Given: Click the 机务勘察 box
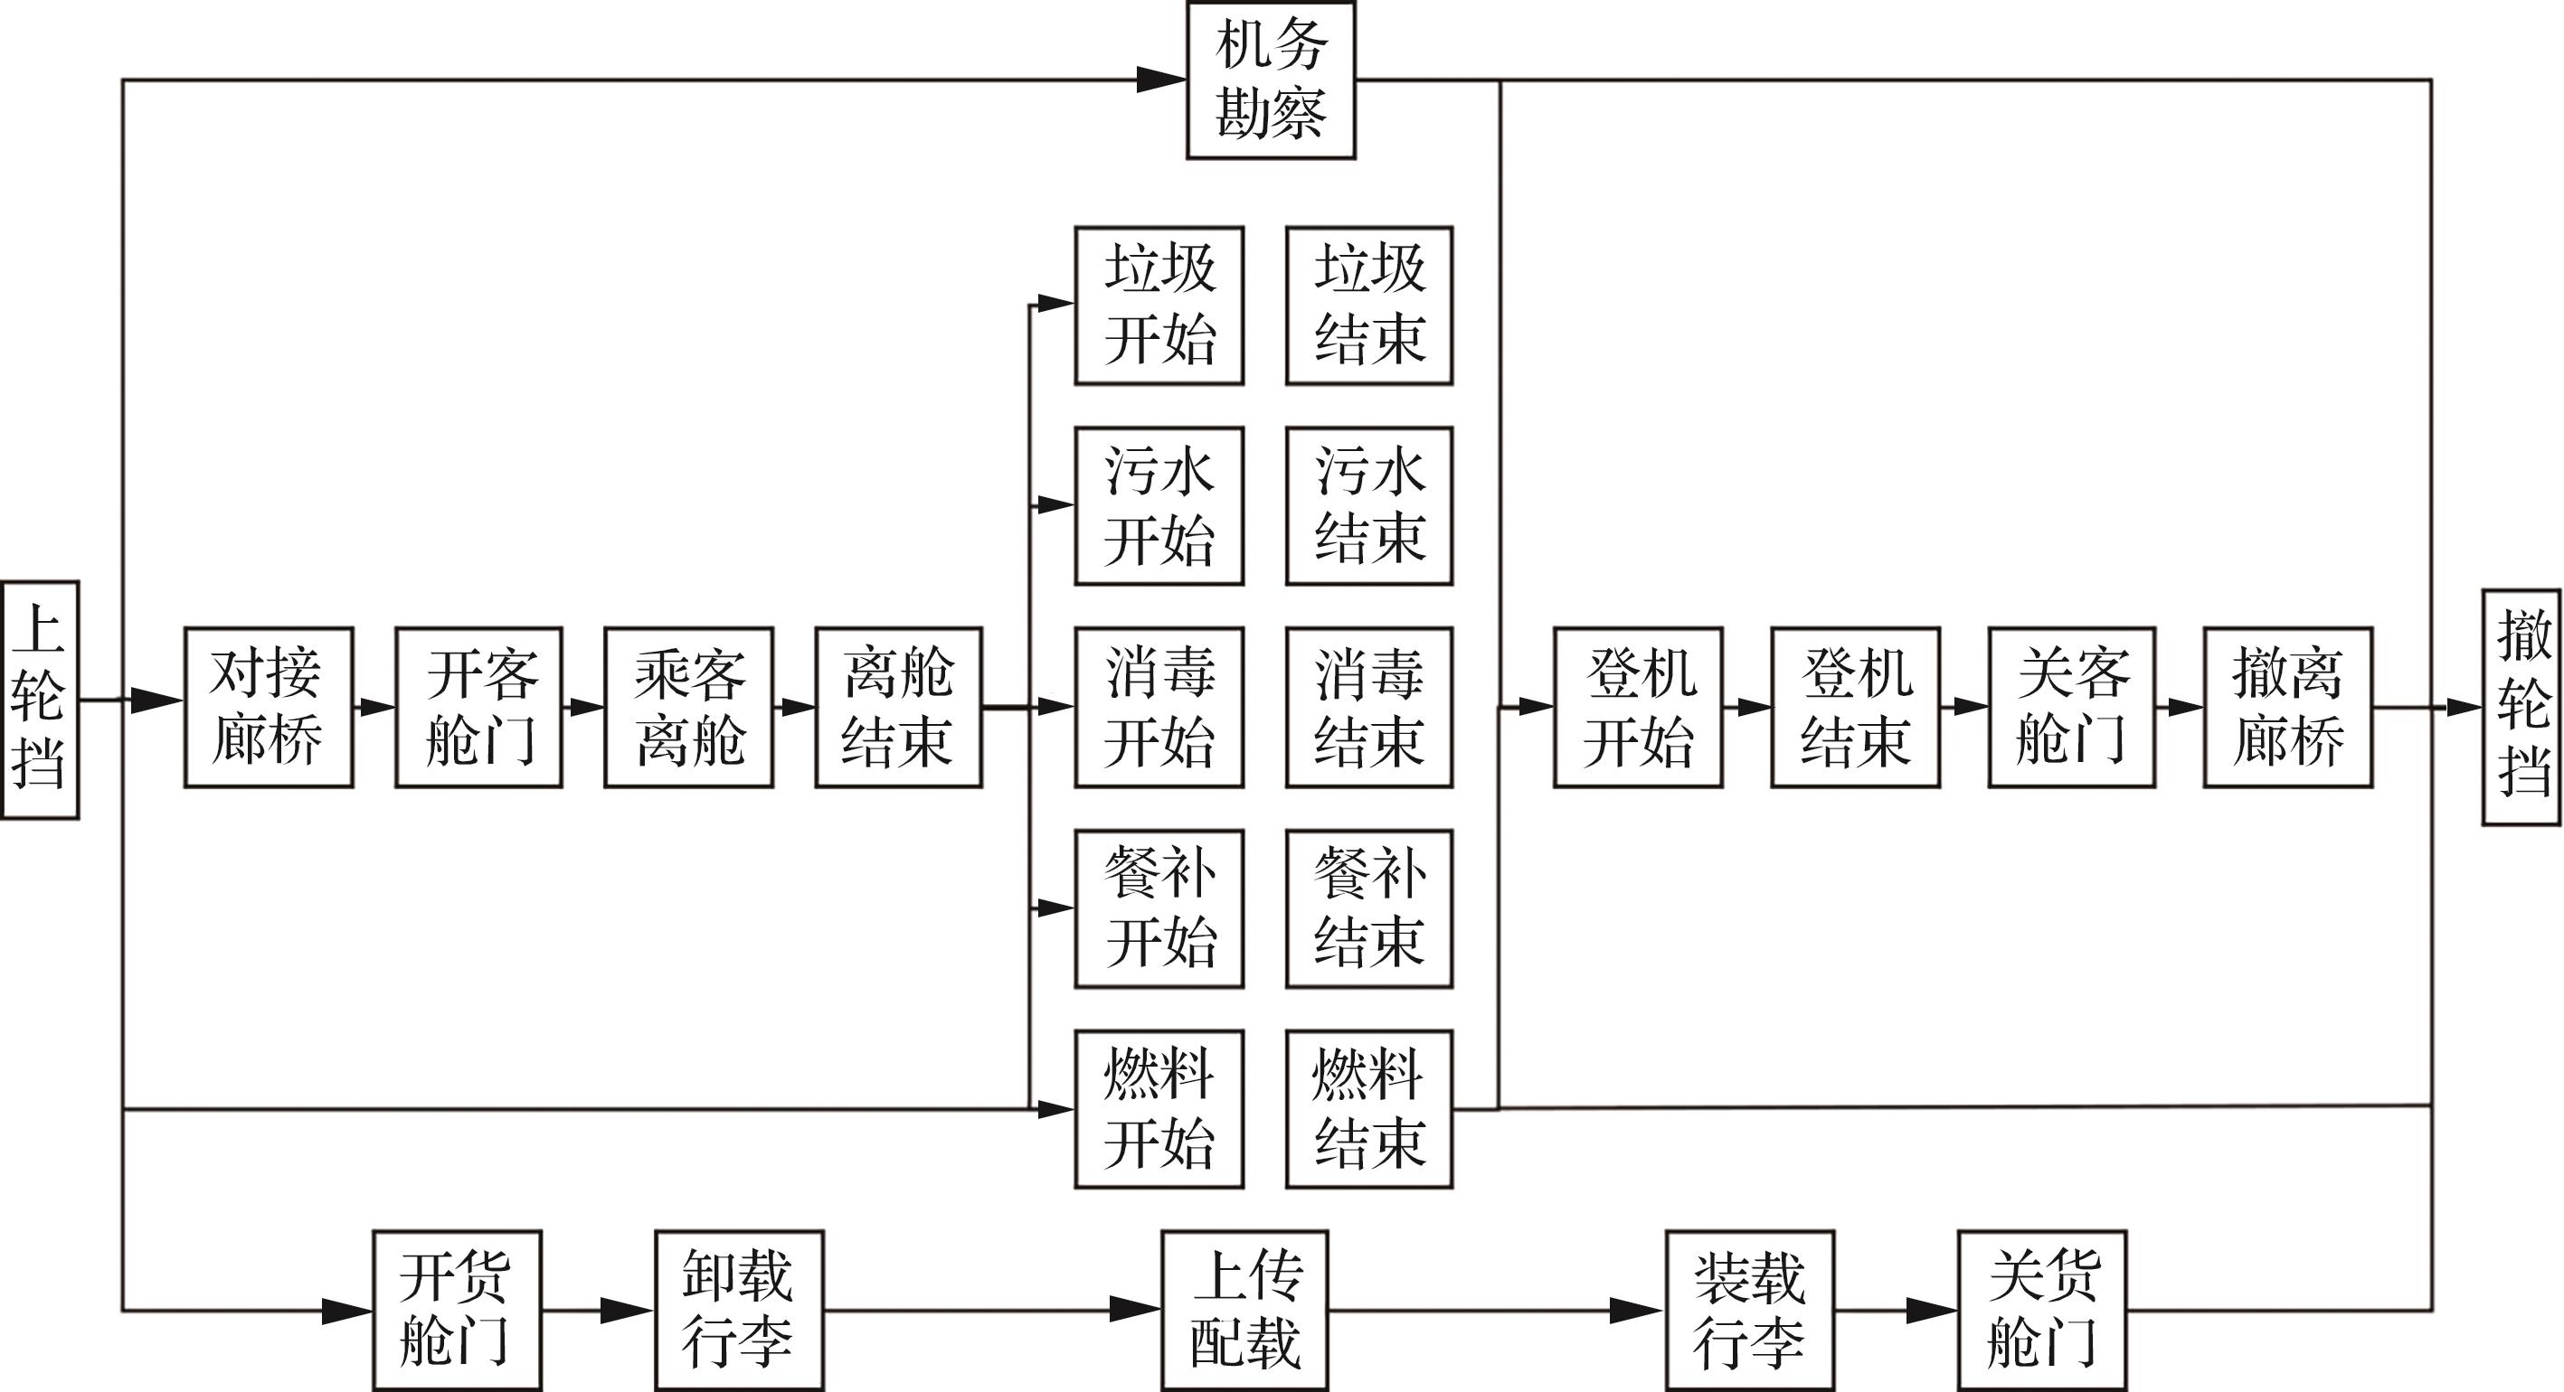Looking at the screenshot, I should click(x=1270, y=80).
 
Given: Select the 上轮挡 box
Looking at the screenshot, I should click(x=40, y=700).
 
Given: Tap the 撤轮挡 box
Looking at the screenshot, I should click(x=2521, y=708).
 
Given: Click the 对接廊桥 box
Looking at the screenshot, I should click(x=269, y=708).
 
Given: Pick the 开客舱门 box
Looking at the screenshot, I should click(x=478, y=708).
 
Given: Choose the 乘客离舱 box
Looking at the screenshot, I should click(x=689, y=708).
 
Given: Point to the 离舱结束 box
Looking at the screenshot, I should click(x=899, y=708).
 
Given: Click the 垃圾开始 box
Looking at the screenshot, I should click(x=1159, y=306).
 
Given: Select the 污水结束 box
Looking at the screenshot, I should click(x=1368, y=506).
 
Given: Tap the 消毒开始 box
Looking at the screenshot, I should click(x=1159, y=708).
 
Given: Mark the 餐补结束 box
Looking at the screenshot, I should click(x=1368, y=908).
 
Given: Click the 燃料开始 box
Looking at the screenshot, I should click(x=1159, y=1108).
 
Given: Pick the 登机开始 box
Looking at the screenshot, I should click(x=1638, y=708).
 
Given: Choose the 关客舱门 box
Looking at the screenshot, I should click(x=2072, y=708).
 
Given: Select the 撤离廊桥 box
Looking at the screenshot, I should click(x=2287, y=708).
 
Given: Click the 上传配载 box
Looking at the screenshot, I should click(x=1244, y=1311).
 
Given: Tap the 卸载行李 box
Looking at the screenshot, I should click(x=739, y=1311).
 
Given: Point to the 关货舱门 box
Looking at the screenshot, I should click(x=2042, y=1311).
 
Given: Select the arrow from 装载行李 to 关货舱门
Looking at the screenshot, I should click(x=1897, y=1311).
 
